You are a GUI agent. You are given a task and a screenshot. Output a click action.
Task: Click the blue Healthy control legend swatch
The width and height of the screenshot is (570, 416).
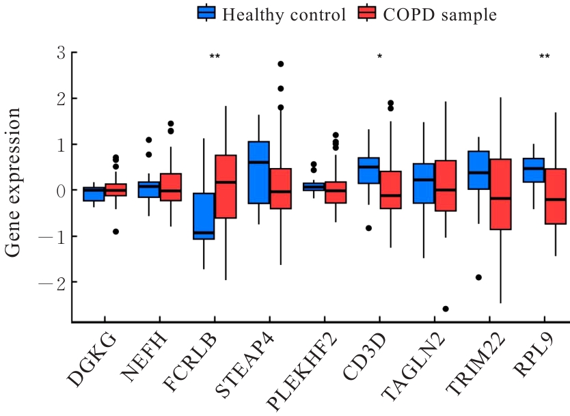click(x=207, y=14)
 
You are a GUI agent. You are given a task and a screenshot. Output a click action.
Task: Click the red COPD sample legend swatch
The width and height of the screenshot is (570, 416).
click(x=367, y=14)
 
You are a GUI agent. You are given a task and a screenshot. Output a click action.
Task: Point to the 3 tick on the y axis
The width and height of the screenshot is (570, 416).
click(x=59, y=53)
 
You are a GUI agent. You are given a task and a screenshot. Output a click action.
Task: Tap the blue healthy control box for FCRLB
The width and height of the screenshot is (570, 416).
click(x=204, y=216)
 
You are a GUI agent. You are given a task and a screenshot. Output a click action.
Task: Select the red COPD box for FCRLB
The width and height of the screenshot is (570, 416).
click(x=226, y=186)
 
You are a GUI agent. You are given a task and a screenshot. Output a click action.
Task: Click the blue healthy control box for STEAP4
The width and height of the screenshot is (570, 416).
click(x=258, y=172)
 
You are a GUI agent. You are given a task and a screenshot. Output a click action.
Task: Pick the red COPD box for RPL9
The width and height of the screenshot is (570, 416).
click(x=556, y=196)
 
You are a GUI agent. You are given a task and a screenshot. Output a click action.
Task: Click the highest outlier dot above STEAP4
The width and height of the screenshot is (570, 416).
click(x=280, y=64)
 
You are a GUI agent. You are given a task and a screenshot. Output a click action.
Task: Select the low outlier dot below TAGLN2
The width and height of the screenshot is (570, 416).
click(x=446, y=309)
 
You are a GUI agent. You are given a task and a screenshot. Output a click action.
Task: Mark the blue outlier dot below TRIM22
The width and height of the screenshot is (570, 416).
click(x=478, y=277)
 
